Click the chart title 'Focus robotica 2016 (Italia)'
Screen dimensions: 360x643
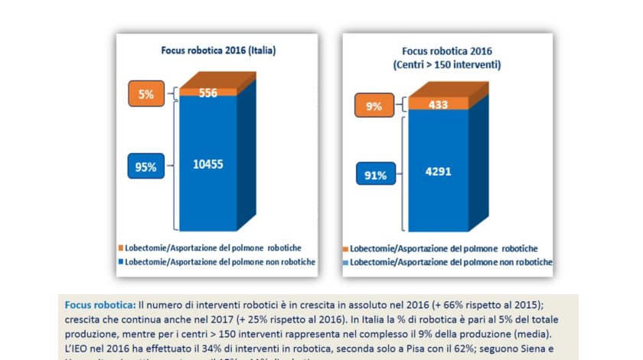[217, 51]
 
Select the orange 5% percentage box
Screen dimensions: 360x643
[146, 95]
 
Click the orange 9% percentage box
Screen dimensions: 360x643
[374, 106]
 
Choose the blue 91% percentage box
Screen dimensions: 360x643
[374, 174]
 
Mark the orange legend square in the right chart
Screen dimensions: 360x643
[348, 250]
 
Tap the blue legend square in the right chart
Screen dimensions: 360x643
[348, 263]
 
